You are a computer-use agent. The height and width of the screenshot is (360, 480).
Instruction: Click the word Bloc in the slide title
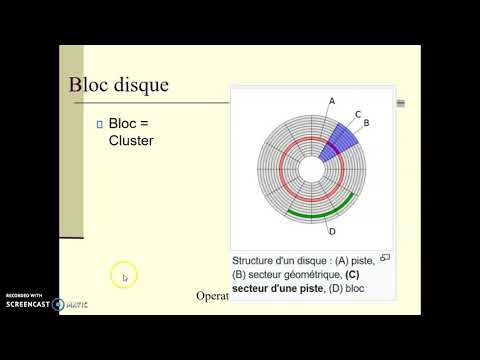coord(87,84)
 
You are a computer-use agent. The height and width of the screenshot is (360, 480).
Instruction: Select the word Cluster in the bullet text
coord(132,140)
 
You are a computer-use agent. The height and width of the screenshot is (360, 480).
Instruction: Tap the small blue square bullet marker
coord(98,123)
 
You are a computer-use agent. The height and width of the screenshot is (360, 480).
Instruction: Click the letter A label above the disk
coord(331,99)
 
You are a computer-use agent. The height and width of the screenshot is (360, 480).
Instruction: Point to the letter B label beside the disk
coord(366,123)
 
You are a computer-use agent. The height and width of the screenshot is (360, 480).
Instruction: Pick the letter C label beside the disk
coord(357,114)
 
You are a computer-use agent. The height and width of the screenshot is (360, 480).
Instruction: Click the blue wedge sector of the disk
coord(343,137)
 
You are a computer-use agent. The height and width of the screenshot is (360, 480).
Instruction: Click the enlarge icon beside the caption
coord(385,257)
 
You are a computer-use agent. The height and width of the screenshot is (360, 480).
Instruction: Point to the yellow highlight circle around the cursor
coord(125,276)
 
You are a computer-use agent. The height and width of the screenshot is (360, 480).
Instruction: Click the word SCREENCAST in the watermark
coord(26,304)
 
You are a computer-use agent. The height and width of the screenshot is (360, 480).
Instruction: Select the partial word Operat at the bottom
coord(212,296)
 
